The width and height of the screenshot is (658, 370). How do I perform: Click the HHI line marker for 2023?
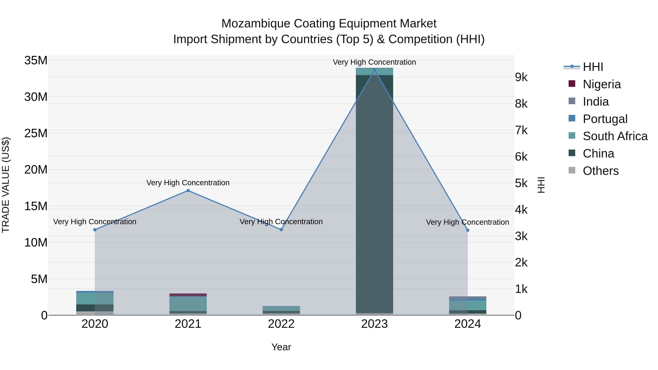pyautogui.click(x=375, y=70)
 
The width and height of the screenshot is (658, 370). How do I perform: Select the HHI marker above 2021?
pyautogui.click(x=188, y=191)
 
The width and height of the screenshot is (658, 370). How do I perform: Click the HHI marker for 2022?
pyautogui.click(x=281, y=229)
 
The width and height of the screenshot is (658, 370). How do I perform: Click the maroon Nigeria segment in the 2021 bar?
pyautogui.click(x=188, y=295)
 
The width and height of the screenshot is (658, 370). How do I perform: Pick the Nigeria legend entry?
pyautogui.click(x=602, y=84)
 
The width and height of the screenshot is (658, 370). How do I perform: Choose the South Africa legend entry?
pyautogui.click(x=615, y=136)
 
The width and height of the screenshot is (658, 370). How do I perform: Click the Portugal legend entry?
pyautogui.click(x=605, y=119)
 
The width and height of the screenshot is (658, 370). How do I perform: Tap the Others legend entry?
pyautogui.click(x=601, y=171)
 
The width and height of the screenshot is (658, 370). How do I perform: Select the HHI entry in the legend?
pyautogui.click(x=593, y=67)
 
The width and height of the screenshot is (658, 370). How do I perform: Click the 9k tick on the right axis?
pyautogui.click(x=521, y=77)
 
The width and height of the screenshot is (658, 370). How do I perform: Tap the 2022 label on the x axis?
pyautogui.click(x=281, y=324)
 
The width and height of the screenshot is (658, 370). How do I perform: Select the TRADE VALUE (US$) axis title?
pyautogui.click(x=6, y=185)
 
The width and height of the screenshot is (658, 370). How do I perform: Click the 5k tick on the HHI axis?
pyautogui.click(x=521, y=183)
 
